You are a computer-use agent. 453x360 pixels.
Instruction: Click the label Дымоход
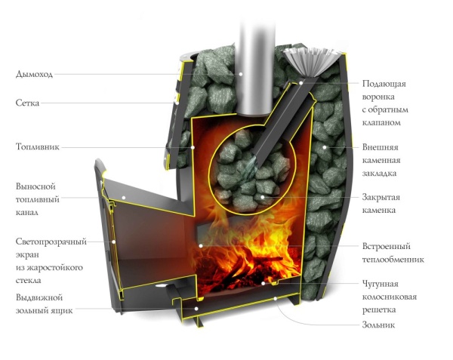[x=35, y=74]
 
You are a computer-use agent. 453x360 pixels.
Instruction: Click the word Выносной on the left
[x=35, y=186]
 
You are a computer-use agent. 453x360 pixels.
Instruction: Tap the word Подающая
[x=384, y=83]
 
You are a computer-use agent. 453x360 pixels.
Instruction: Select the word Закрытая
[x=381, y=198]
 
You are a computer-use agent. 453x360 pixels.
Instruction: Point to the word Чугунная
[x=381, y=284]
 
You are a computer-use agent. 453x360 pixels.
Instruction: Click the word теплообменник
[x=393, y=259]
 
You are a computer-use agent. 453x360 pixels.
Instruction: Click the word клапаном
[x=387, y=122]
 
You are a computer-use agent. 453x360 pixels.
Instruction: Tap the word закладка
[x=381, y=172]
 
